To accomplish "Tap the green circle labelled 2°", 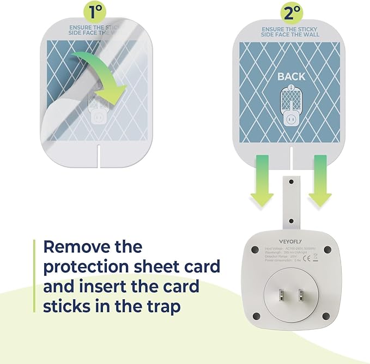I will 292,11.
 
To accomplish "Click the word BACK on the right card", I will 291,76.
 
